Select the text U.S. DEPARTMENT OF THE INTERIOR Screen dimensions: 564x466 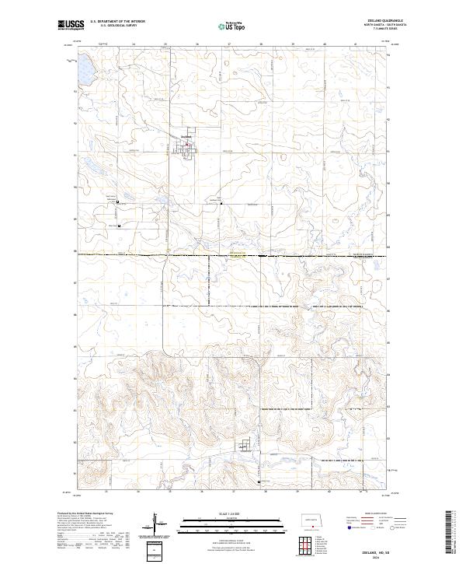[117, 22]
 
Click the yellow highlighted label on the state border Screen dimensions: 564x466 [236, 253]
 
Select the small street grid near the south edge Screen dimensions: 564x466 [246, 447]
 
